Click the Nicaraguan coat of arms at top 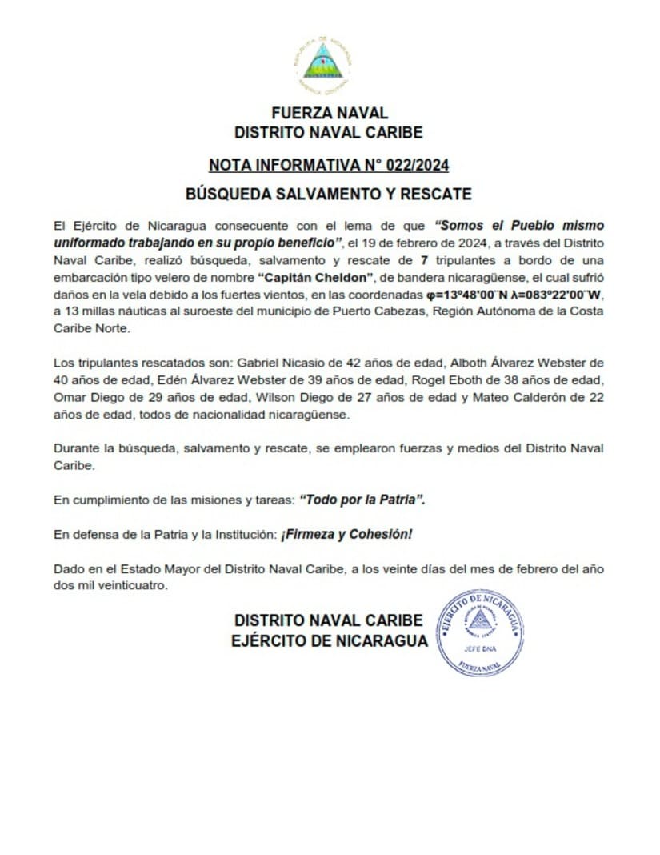tap(324, 62)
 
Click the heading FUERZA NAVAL tap(330, 113)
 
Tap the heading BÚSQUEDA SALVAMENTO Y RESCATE tap(329, 194)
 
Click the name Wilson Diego tap(340, 398)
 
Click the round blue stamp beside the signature tap(479, 632)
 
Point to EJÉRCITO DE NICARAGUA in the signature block tap(329, 640)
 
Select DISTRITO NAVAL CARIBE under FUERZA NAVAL tap(329, 132)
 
